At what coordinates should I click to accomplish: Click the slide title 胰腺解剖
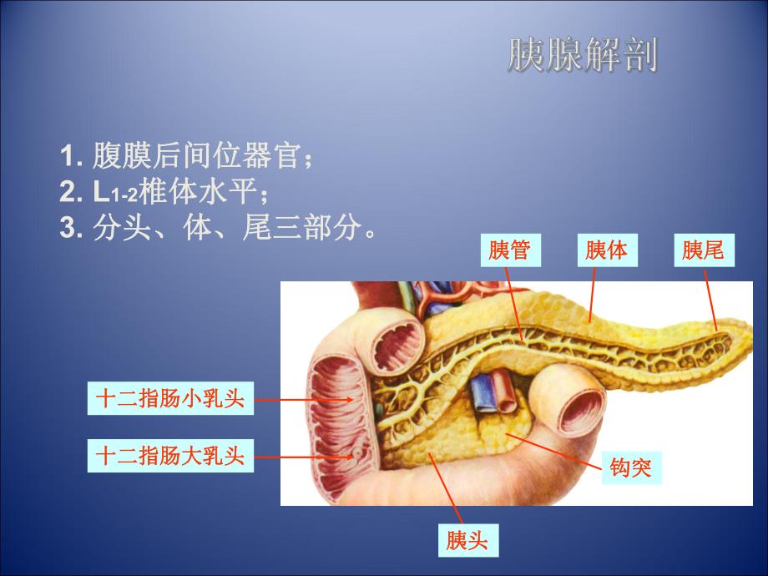pyautogui.click(x=582, y=56)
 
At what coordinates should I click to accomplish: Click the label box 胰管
pyautogui.click(x=510, y=250)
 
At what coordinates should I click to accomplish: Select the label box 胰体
pyautogui.click(x=606, y=250)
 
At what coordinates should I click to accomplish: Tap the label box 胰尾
pyautogui.click(x=703, y=250)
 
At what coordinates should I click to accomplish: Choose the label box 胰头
pyautogui.click(x=467, y=541)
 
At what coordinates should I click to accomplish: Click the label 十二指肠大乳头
pyautogui.click(x=170, y=456)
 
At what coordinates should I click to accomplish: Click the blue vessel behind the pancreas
pyautogui.click(x=483, y=394)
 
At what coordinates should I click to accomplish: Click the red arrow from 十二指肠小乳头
pyautogui.click(x=309, y=399)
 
